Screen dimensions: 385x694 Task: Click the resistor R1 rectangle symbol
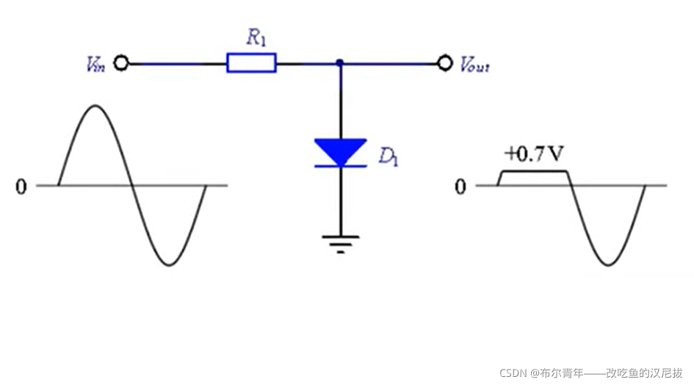coord(251,63)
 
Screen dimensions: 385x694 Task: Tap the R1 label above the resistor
coord(256,38)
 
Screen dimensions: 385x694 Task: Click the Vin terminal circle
coord(121,64)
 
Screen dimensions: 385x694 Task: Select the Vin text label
coord(95,65)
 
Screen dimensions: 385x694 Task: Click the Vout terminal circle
coord(444,64)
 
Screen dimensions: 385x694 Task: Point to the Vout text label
coord(474,65)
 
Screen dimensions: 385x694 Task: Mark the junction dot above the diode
coord(339,64)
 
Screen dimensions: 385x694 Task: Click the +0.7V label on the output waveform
coord(534,154)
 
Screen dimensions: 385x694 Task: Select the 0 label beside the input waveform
coord(21,187)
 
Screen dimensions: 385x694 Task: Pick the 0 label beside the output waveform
coord(460,187)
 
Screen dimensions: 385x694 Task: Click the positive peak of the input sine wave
coord(94,107)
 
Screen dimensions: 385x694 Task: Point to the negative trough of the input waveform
coord(169,265)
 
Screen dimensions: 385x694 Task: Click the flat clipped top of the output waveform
coord(534,172)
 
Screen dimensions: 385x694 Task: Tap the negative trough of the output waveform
coord(607,265)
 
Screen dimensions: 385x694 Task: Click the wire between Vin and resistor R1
coord(176,64)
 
